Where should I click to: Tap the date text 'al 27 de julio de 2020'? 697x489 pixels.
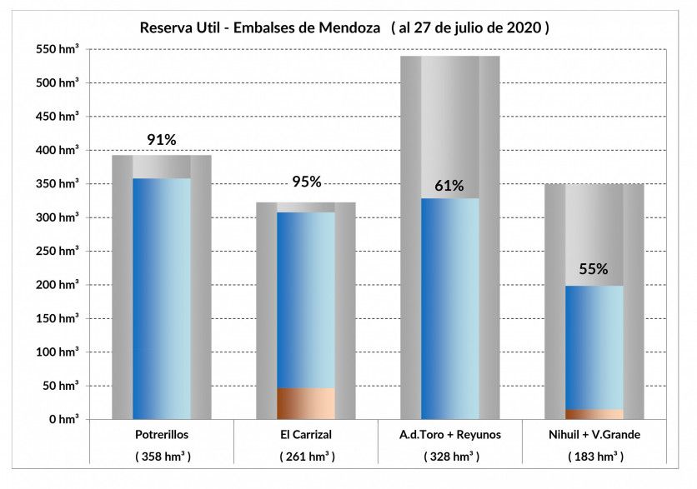(x=470, y=27)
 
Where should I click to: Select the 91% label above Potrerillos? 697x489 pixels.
(x=162, y=140)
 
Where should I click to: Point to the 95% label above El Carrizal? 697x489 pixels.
(x=306, y=182)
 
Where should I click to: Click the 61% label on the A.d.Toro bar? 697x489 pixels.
(x=449, y=186)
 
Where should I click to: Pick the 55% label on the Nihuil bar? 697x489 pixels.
(x=594, y=269)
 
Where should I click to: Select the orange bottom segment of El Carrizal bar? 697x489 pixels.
(x=306, y=403)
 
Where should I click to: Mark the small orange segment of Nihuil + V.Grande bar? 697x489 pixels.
(x=594, y=413)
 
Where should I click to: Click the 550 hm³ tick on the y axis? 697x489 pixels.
(x=58, y=50)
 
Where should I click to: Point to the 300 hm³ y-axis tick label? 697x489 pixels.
(x=58, y=218)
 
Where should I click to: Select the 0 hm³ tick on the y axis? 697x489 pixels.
(x=63, y=419)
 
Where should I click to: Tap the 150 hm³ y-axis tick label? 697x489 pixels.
(x=58, y=319)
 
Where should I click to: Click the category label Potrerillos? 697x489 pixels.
(x=162, y=435)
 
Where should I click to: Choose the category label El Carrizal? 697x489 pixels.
(x=306, y=435)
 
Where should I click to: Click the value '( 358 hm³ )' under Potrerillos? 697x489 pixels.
(x=162, y=457)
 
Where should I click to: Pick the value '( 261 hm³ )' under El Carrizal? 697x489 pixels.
(x=306, y=457)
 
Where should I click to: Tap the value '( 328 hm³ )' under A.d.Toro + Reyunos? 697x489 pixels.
(x=449, y=457)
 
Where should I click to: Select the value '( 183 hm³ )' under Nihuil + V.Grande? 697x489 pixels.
(x=594, y=457)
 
